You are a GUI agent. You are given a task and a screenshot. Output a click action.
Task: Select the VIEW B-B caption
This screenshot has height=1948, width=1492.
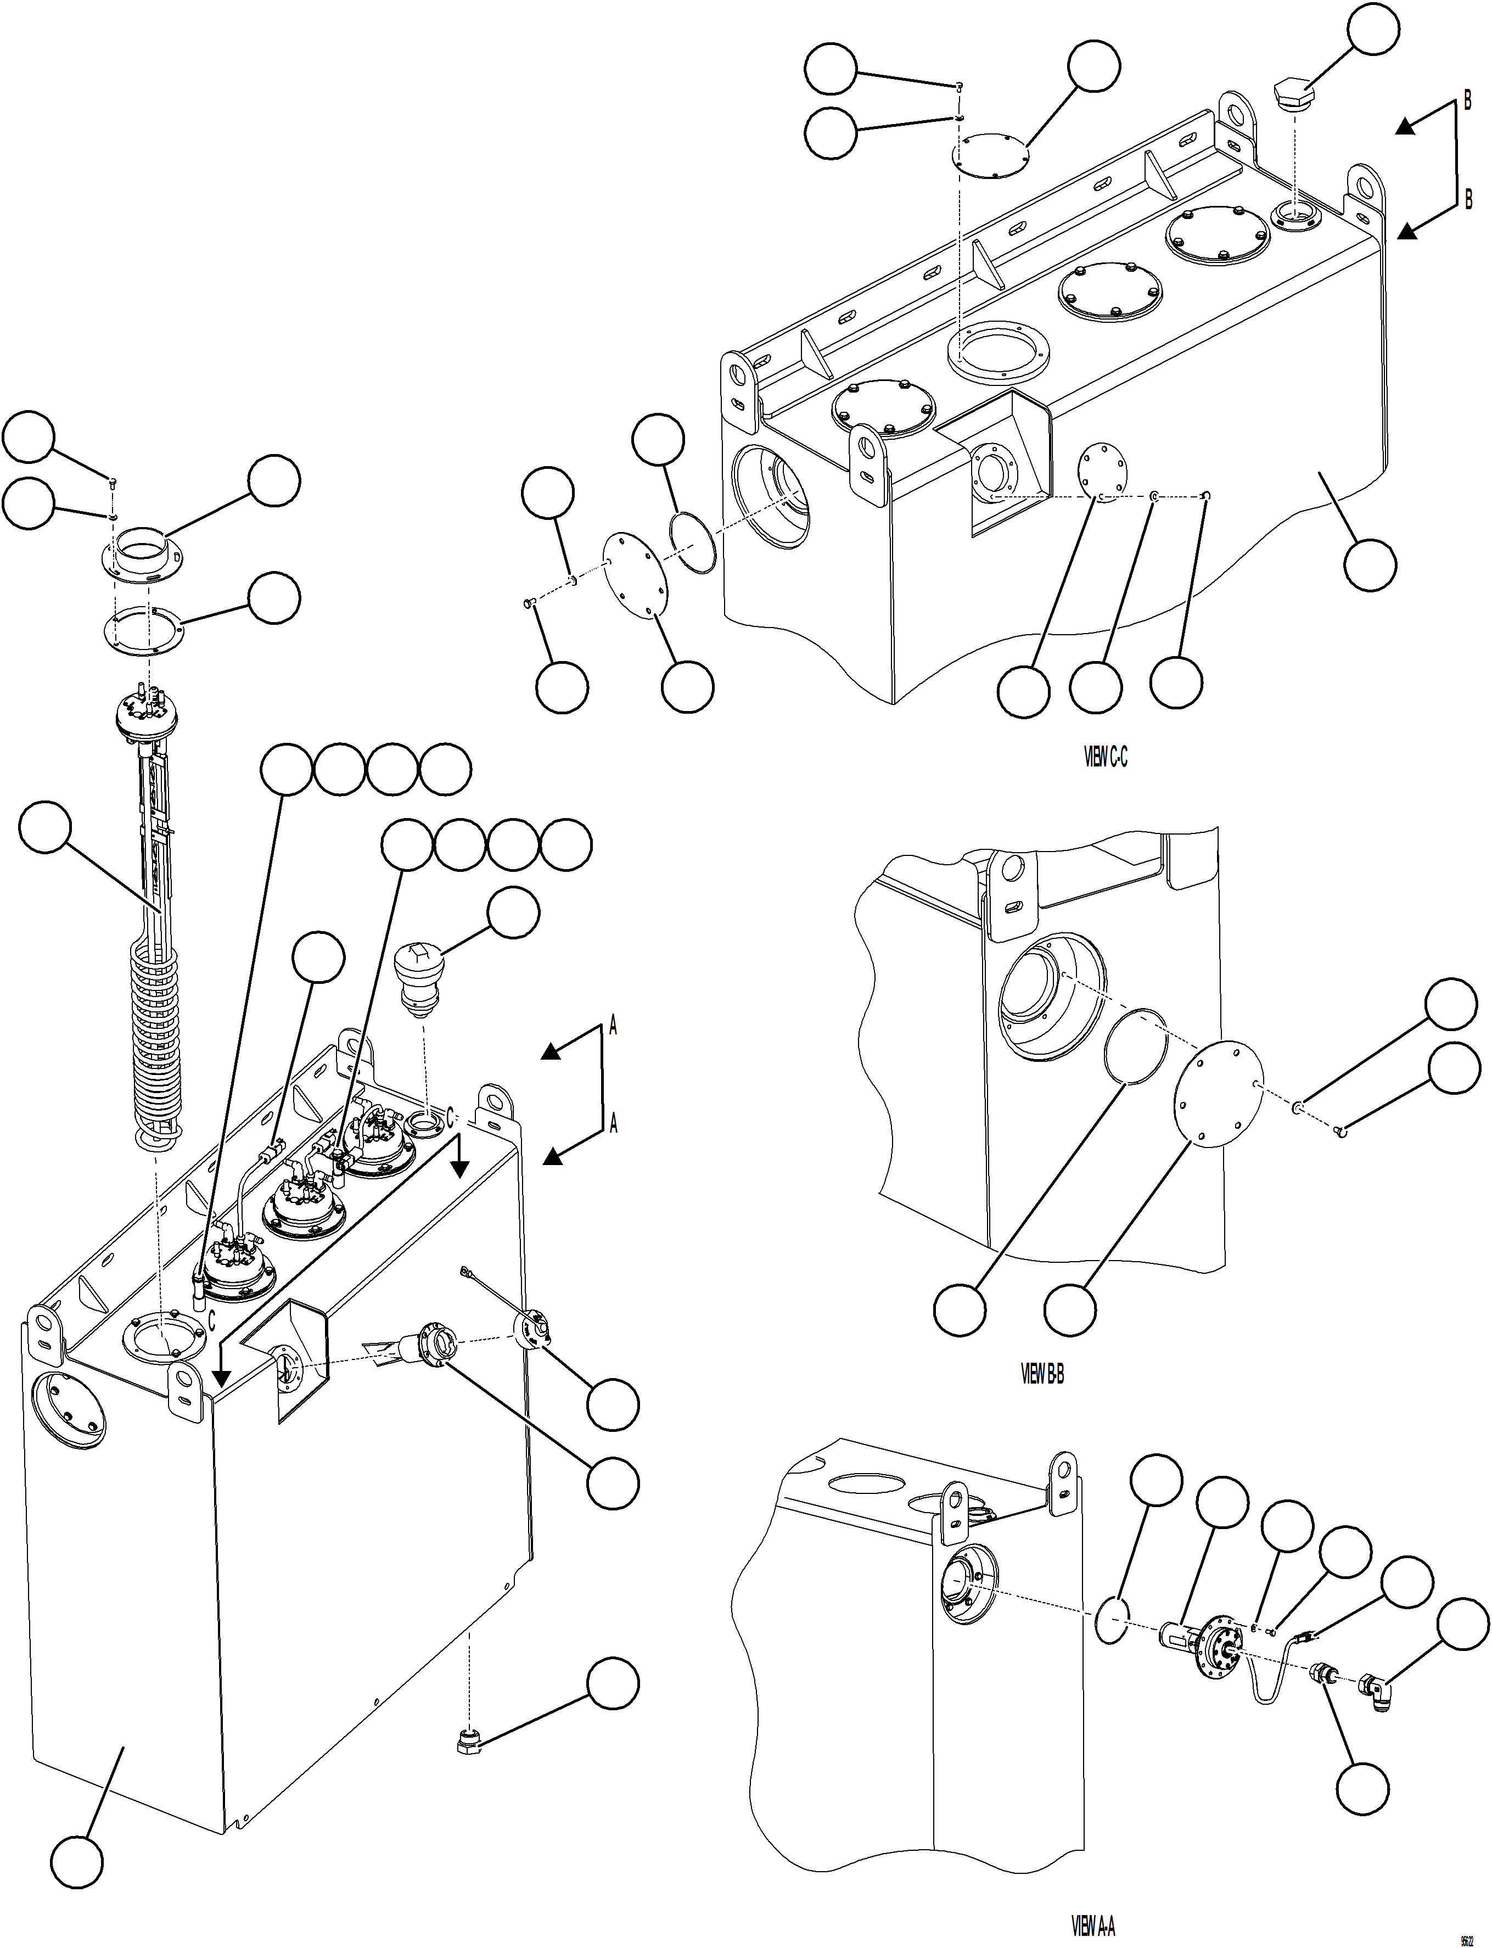[1042, 1374]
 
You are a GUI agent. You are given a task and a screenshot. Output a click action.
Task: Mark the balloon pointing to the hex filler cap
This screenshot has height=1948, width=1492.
[1373, 30]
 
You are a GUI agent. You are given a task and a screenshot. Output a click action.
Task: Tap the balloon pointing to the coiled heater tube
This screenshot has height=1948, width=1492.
[44, 827]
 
